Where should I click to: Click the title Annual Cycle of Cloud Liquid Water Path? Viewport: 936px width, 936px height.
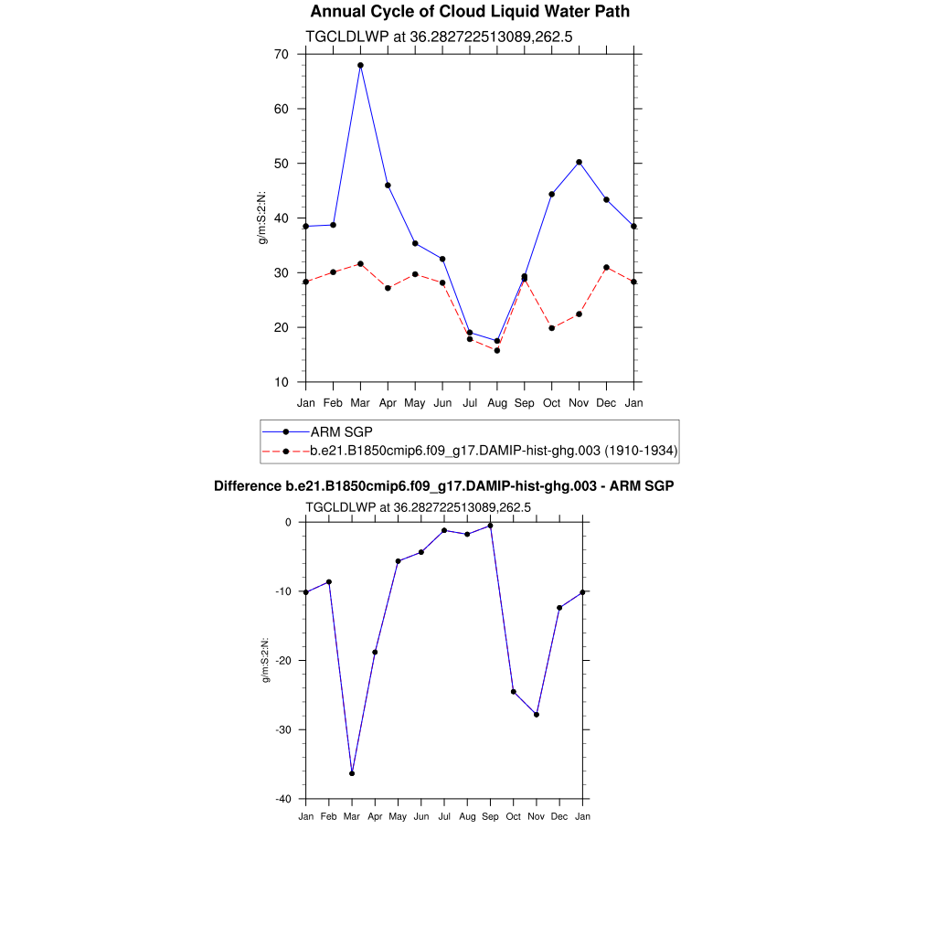(x=470, y=12)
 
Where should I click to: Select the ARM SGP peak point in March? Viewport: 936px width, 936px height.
(x=360, y=66)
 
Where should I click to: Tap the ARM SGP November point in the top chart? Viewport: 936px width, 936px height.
(x=579, y=162)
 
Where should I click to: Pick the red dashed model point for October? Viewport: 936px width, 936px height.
(x=552, y=328)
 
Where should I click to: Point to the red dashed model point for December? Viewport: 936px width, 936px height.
(x=606, y=267)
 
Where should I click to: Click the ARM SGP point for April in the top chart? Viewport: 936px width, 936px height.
(x=388, y=186)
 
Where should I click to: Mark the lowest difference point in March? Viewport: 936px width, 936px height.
(x=352, y=773)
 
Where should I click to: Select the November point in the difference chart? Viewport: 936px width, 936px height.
(x=537, y=714)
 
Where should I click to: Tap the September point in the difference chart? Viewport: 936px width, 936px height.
(x=491, y=526)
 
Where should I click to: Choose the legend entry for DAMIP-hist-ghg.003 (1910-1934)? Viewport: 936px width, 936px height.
(x=494, y=451)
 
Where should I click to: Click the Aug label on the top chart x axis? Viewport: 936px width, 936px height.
(x=497, y=402)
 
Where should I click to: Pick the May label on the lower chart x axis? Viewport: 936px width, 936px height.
(x=398, y=815)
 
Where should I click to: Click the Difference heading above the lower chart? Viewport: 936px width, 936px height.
(x=443, y=486)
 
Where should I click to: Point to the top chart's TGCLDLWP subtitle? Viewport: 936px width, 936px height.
(x=439, y=37)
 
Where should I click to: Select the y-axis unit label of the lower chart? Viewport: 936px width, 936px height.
(x=265, y=660)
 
